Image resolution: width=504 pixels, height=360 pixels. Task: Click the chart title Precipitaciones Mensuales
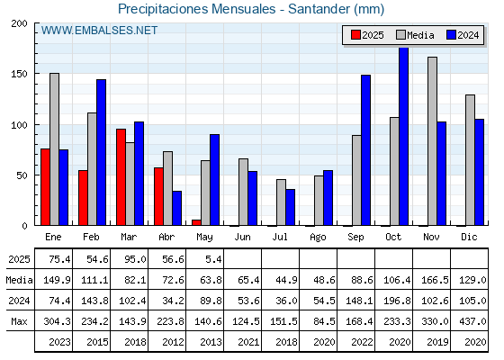pos(197,9)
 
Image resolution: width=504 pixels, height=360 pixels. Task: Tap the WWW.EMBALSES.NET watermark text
pos(99,31)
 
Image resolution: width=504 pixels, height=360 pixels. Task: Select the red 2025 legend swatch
pos(355,35)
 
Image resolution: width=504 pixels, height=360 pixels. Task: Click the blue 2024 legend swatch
pos(451,35)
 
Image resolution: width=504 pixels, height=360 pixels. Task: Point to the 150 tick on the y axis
pos(19,74)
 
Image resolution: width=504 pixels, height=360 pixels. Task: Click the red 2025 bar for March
pos(121,177)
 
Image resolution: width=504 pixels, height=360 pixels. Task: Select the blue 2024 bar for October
pos(403,136)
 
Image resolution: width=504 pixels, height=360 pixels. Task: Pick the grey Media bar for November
pos(432,141)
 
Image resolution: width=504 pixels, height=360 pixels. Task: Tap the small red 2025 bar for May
pos(196,222)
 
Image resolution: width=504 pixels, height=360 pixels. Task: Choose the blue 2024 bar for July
pos(290,207)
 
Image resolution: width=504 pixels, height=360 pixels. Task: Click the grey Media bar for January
pos(54,149)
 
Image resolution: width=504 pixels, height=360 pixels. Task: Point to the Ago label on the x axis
pos(318,238)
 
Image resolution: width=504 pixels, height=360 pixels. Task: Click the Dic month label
pos(469,237)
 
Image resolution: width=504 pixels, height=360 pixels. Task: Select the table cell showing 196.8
pos(397,301)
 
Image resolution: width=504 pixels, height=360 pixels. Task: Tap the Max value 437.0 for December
pos(472,321)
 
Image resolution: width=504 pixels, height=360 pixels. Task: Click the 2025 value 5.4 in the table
pos(213,259)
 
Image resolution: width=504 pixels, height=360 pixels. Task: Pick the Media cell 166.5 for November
pos(435,280)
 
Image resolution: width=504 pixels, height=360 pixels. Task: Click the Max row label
pos(19,321)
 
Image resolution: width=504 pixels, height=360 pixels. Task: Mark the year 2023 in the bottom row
pos(59,342)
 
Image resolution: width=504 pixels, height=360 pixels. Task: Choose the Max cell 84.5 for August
pos(324,321)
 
